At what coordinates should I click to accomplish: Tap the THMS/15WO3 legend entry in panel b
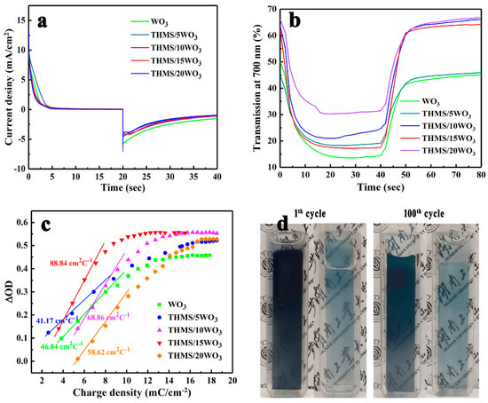click(x=438, y=154)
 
